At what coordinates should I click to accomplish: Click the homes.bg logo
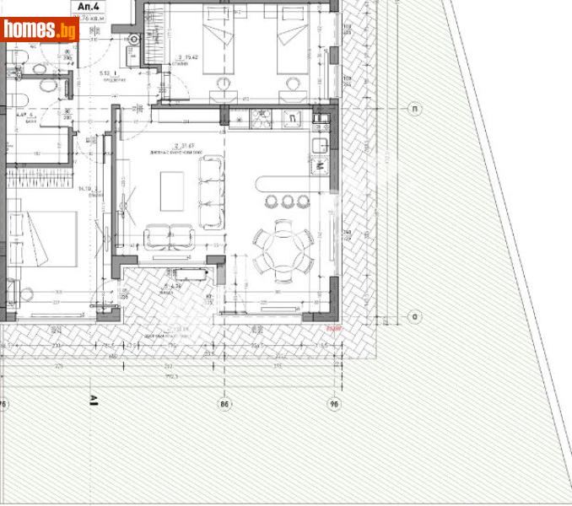coord(40,30)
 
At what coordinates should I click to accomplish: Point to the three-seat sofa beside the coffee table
coord(208,193)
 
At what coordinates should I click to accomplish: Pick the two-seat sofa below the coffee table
coord(169,237)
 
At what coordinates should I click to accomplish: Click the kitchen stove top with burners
coord(257,119)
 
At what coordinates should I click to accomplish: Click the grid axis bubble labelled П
coord(414,109)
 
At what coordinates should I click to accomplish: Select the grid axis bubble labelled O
coord(414,317)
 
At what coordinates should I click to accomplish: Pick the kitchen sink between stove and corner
coord(293,119)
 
